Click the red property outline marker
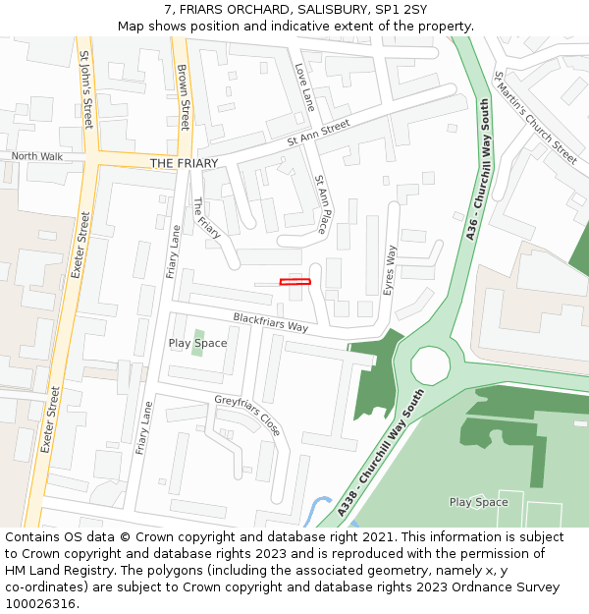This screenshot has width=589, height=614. pos(294,282)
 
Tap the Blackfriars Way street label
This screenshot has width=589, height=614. pos(270,321)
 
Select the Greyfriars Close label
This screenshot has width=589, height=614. pos(247,415)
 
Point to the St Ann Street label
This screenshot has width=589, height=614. pos(318,133)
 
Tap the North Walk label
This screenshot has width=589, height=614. pos(36,156)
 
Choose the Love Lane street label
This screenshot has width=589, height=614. pos(305,86)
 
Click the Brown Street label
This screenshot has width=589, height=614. pos(184,97)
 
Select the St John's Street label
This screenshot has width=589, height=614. pos(86,90)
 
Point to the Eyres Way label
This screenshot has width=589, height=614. pos(390,269)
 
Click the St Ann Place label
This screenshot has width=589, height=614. pos(320,204)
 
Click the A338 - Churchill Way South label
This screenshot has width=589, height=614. pos(380,453)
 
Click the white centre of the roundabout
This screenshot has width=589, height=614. pos(430,365)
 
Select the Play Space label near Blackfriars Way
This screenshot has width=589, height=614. pos(197,343)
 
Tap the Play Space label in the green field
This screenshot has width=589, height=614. pos(478,502)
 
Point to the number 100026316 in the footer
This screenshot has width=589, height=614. pos(40,603)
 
